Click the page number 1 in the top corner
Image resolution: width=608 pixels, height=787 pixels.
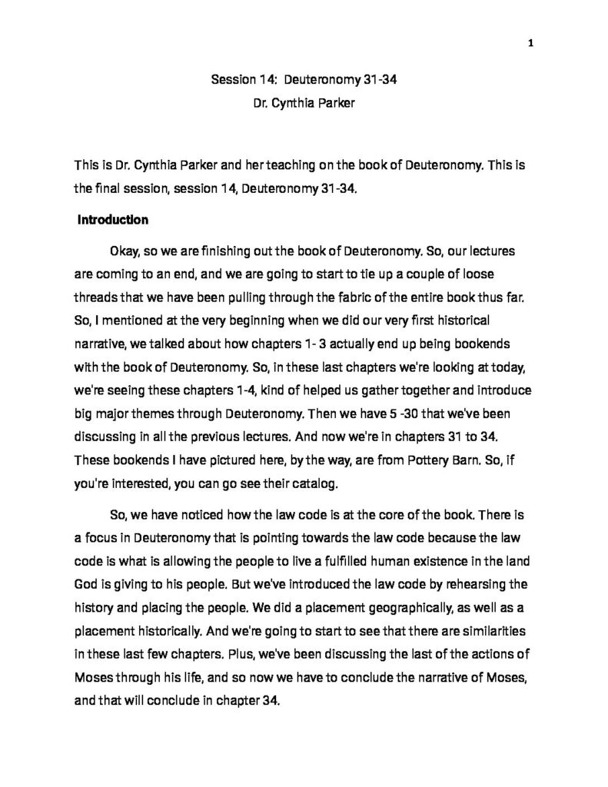pyautogui.click(x=530, y=21)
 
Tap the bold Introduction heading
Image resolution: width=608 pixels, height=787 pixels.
pyautogui.click(x=113, y=220)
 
